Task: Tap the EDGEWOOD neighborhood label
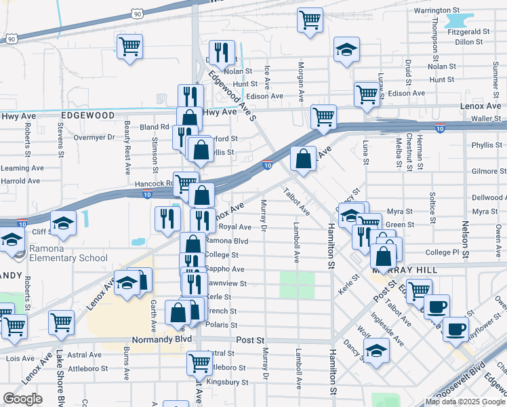pos(87,116)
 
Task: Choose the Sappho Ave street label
pos(224,269)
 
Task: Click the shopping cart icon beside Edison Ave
pos(367,94)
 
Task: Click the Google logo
pos(22,399)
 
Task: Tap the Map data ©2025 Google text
pos(466,402)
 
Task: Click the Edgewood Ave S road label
pos(232,94)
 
